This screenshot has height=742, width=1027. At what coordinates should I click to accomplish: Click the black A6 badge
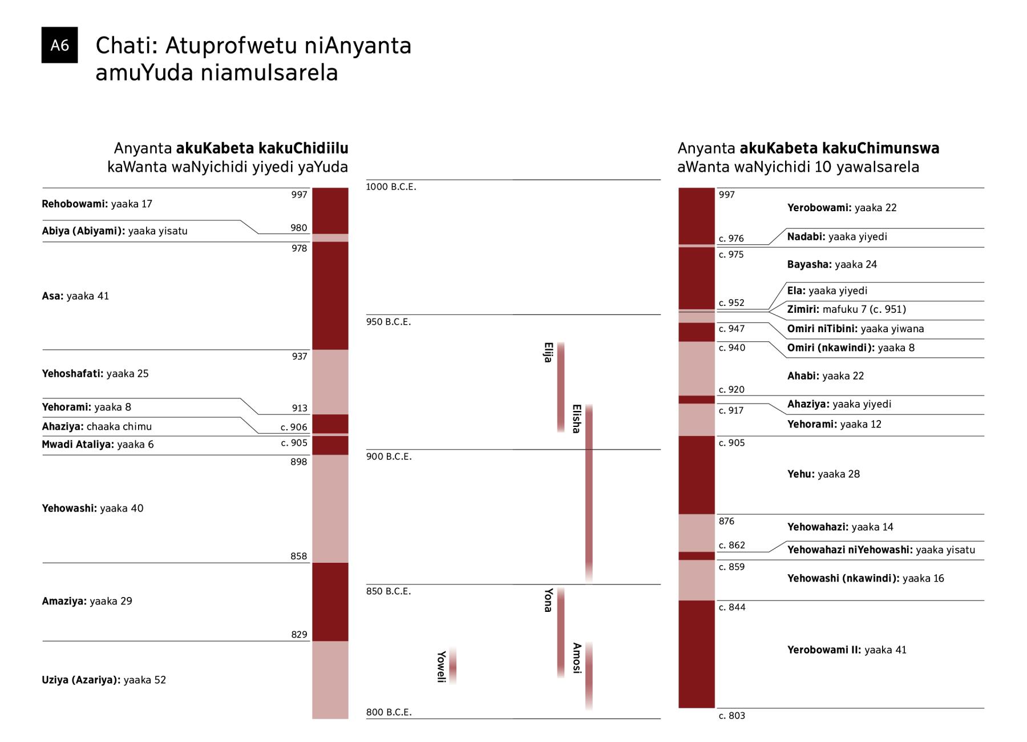59,45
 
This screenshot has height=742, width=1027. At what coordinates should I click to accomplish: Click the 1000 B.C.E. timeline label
391,187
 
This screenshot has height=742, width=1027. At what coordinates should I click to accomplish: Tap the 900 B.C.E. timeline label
389,457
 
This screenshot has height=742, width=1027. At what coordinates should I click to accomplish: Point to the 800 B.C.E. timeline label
389,712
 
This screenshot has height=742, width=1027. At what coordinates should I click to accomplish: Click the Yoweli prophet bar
452,666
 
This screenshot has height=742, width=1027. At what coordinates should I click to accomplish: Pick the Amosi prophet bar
589,676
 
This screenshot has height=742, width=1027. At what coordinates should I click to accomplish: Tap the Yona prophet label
548,600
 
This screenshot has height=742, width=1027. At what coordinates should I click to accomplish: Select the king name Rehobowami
74,204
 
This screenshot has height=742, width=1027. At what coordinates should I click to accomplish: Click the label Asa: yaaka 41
75,296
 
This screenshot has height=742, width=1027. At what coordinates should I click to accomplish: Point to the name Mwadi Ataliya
78,444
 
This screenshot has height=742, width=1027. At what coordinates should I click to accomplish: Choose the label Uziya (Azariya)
81,680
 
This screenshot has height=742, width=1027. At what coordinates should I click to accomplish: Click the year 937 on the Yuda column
299,356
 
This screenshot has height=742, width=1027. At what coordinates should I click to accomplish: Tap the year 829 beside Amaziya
299,634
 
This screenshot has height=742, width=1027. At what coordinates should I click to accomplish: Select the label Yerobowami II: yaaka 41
846,650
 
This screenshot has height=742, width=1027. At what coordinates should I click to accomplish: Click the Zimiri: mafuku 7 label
846,309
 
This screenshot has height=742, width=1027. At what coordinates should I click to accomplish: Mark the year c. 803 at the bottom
731,716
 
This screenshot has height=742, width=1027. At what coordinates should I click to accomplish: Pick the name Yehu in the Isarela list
800,474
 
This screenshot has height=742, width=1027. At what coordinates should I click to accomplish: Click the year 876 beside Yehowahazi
726,521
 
